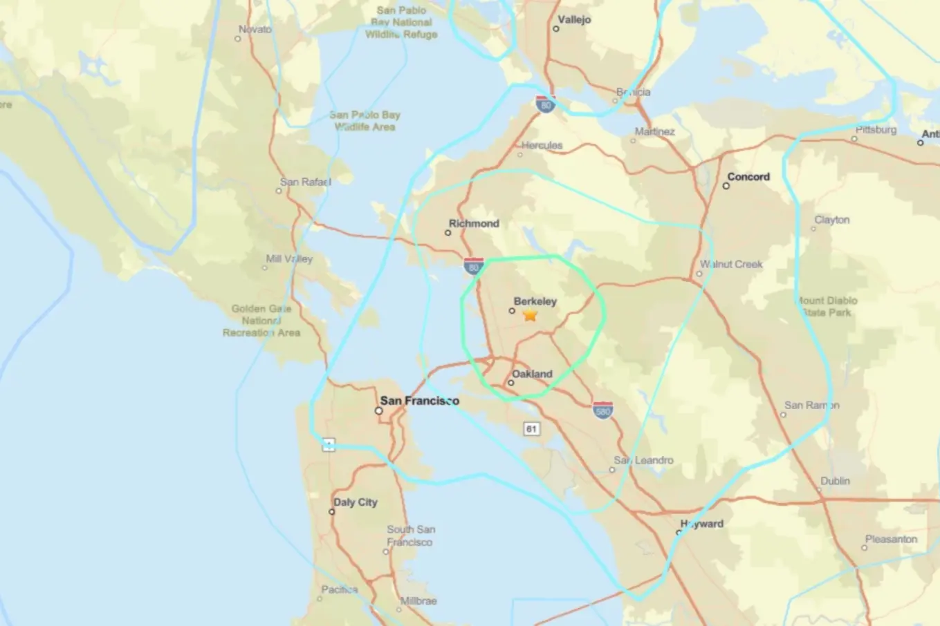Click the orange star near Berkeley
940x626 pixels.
(530, 315)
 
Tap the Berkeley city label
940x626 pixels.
(535, 301)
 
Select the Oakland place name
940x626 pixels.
(532, 374)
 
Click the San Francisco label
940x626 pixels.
(419, 401)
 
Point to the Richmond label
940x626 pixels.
(474, 223)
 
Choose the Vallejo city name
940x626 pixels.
(574, 19)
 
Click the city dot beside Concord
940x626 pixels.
(726, 186)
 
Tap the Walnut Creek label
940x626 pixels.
(731, 264)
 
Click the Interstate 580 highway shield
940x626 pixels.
(602, 410)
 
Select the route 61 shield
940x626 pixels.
(531, 429)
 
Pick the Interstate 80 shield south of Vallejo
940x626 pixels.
(546, 105)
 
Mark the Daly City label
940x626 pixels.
(356, 502)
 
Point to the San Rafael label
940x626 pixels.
(305, 182)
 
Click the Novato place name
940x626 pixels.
(255, 29)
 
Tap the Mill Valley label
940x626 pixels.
(289, 259)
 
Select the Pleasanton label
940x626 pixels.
(891, 539)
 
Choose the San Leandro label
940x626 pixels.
(643, 460)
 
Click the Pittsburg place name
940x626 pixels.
(876, 129)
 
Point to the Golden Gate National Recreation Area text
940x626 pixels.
(261, 321)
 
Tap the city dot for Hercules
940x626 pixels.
(521, 154)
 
